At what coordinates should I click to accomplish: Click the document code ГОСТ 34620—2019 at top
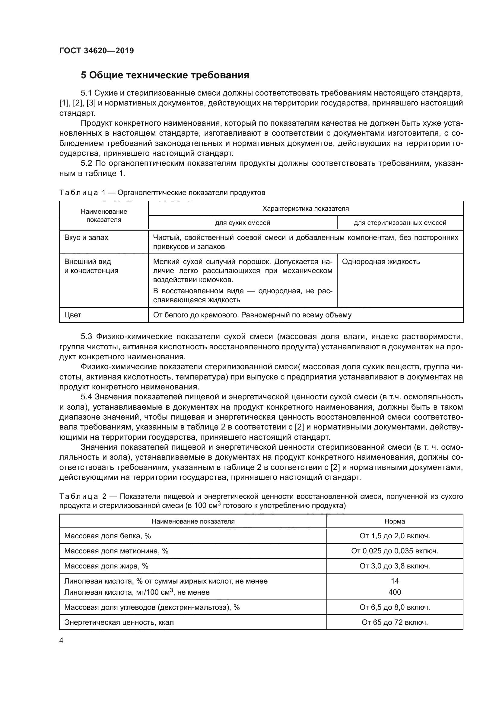97,51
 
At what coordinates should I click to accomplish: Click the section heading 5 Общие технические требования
165,75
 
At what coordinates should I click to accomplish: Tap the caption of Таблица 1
162,193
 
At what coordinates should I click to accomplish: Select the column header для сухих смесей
243,223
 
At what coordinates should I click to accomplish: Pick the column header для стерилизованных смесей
400,223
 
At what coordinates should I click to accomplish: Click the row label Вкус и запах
86,238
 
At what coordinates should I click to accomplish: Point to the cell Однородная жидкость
381,262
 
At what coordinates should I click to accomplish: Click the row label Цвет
72,315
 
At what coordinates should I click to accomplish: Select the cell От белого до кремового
252,315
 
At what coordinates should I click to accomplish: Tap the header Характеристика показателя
305,209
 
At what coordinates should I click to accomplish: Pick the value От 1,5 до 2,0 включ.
395,536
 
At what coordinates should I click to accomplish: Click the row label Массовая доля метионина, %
116,551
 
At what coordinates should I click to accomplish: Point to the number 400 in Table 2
395,592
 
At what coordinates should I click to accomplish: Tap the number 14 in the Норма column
395,581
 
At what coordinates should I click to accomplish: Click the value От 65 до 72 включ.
395,622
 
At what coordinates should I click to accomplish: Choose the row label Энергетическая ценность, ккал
119,622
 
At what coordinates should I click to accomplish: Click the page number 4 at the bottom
62,640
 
